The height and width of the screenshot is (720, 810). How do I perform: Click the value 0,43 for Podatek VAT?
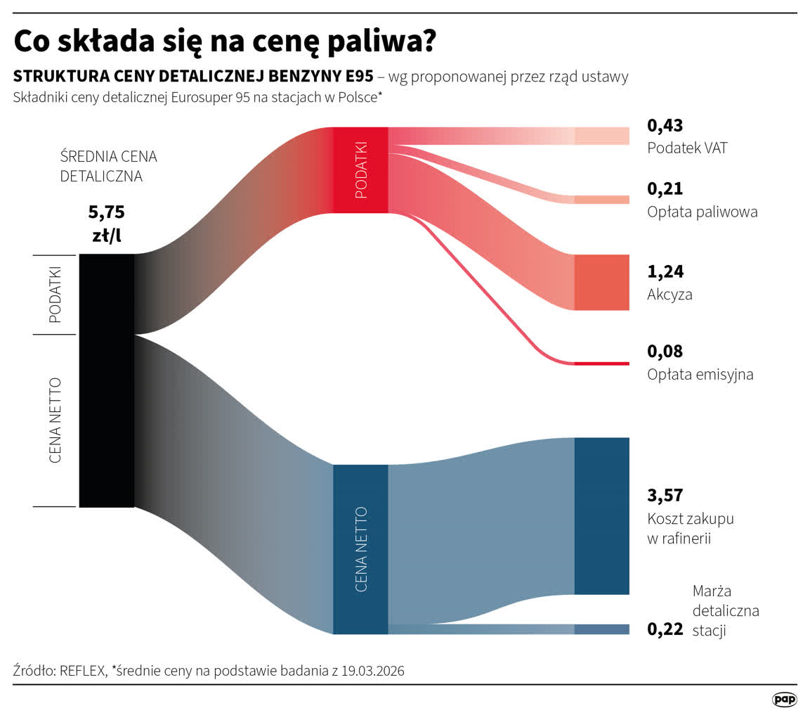point(665,126)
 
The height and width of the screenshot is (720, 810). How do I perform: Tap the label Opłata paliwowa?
point(702,212)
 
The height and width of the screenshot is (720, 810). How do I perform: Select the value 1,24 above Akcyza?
point(665,271)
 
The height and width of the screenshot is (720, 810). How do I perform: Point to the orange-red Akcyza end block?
point(601,282)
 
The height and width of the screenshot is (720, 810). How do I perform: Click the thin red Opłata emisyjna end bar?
point(601,364)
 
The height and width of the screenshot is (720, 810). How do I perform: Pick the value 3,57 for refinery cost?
point(665,495)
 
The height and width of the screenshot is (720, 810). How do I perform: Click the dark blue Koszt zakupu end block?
point(601,515)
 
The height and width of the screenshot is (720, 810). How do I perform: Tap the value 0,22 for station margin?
point(665,629)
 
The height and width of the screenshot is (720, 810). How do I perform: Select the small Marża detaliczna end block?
point(601,629)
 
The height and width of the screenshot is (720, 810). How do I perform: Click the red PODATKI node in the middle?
point(360,169)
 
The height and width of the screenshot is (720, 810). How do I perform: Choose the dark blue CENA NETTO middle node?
point(360,548)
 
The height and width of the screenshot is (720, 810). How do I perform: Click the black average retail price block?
point(107,380)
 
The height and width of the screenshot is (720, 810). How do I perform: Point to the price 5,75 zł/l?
point(107,224)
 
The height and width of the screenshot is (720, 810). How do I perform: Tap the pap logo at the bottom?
point(784,699)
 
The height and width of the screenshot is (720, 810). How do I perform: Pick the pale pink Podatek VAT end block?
point(601,136)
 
